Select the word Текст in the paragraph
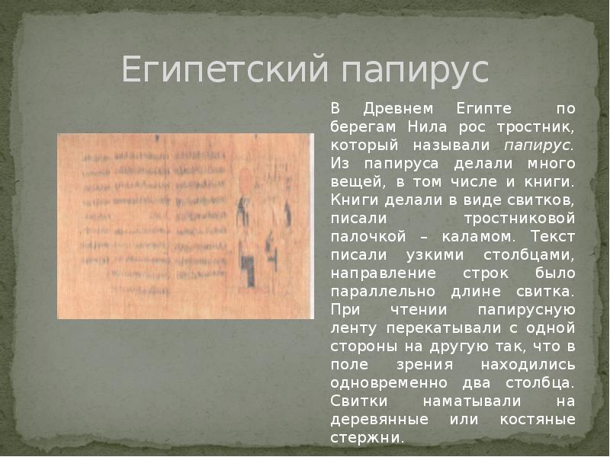coord(550,237)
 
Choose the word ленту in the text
coord(353,328)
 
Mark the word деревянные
coord(374,420)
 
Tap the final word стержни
coord(367,438)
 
